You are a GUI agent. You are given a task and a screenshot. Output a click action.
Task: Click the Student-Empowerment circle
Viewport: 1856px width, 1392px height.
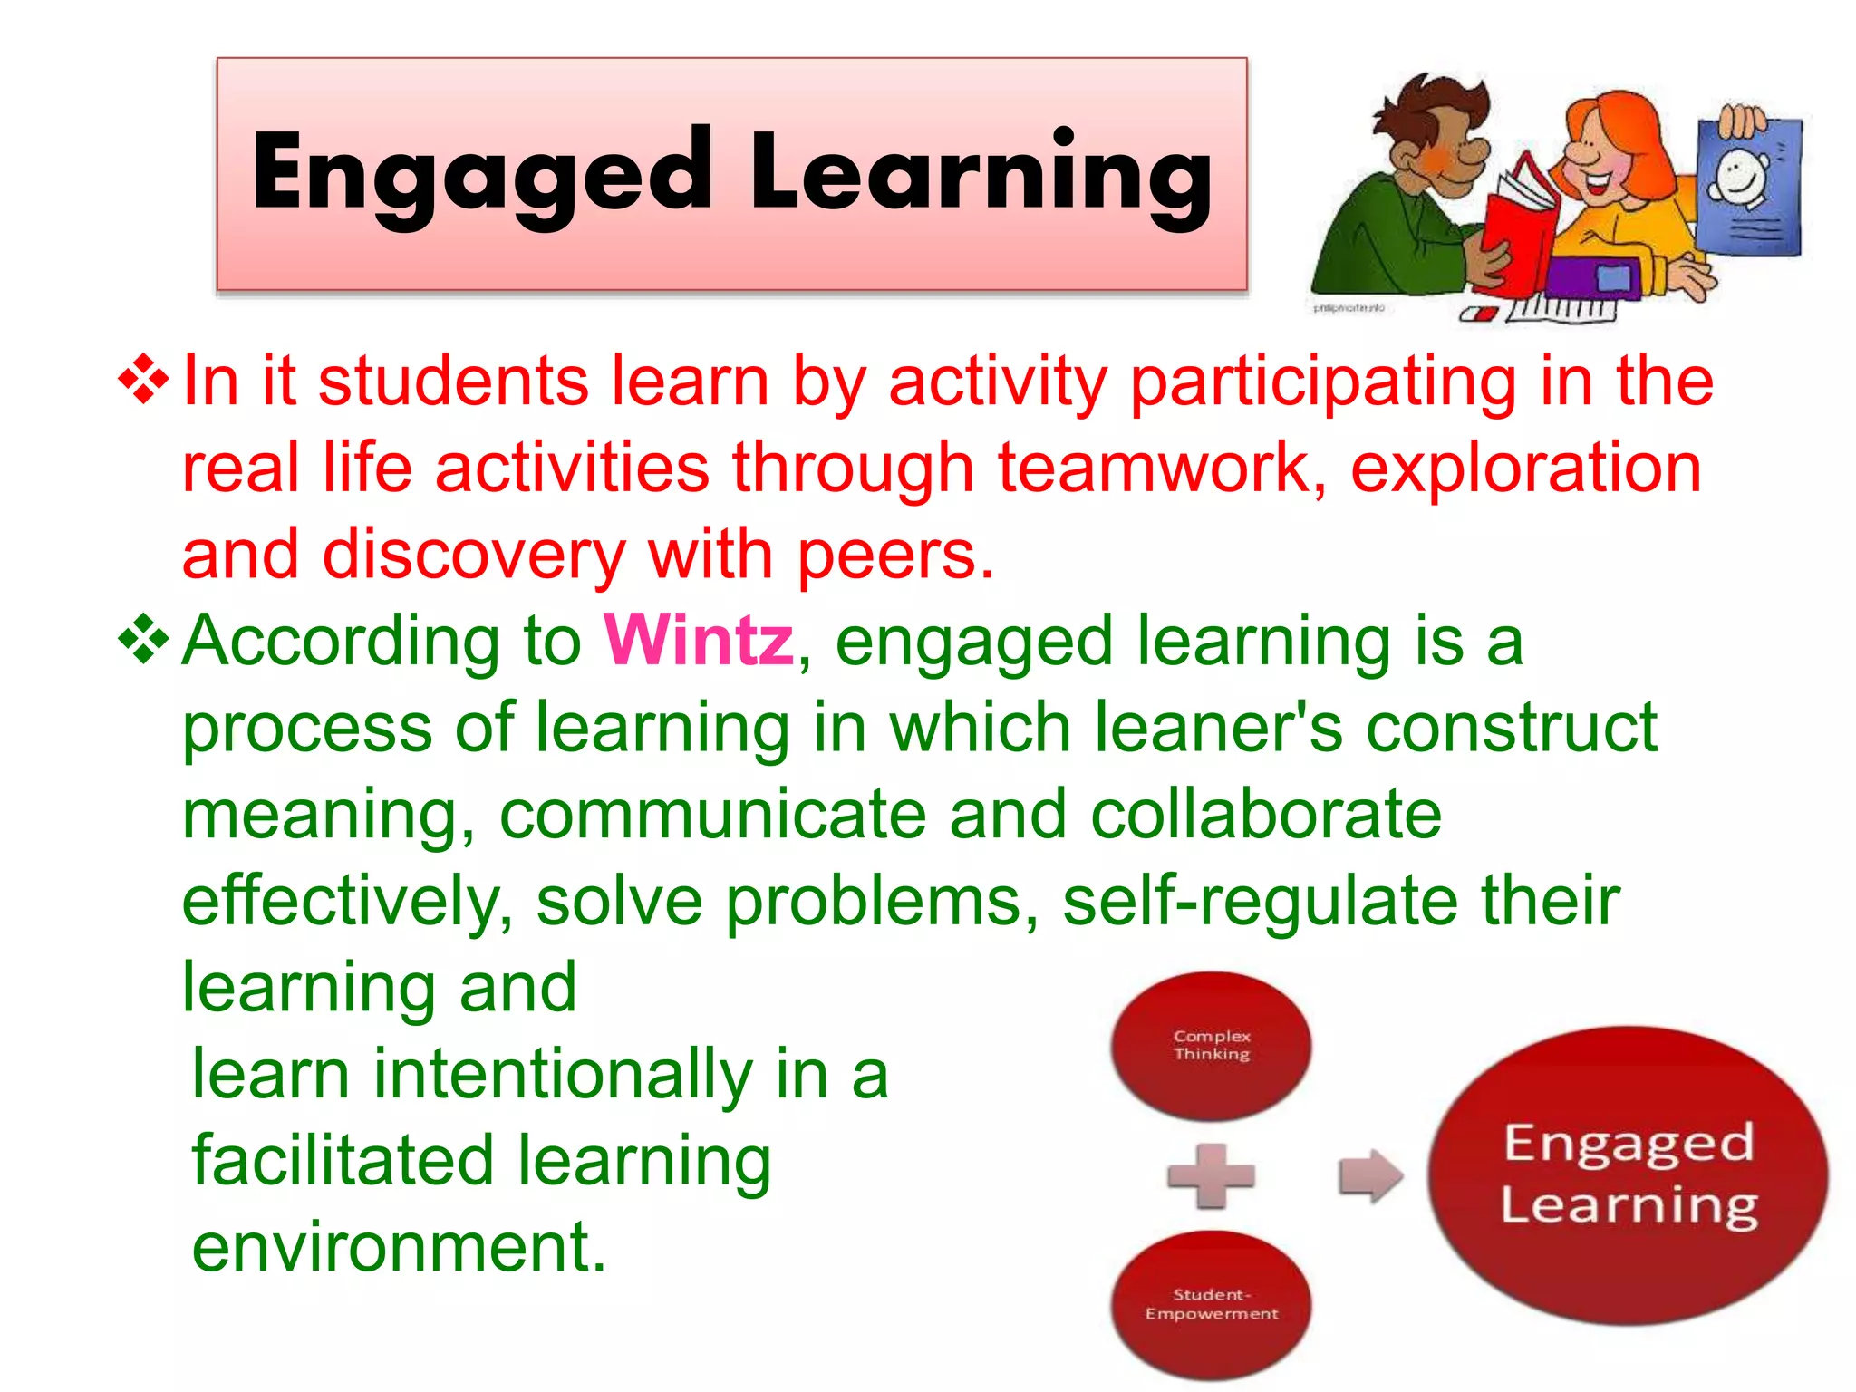pos(1211,1304)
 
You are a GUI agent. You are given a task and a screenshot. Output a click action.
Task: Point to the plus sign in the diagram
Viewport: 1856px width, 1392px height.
pos(1211,1175)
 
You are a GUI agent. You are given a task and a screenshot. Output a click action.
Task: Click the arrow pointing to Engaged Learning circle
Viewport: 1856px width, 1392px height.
pos(1370,1175)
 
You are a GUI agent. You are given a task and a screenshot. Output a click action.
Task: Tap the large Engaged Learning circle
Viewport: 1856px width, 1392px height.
pos(1628,1174)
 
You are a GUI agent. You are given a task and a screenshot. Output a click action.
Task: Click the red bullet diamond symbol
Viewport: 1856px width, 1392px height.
pos(144,381)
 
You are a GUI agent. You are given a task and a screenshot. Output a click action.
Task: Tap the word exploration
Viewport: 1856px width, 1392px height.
pos(1526,469)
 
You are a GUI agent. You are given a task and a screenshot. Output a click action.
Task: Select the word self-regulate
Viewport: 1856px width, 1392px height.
pos(1260,902)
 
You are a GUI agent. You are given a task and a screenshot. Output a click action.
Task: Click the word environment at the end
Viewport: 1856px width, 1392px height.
pos(399,1248)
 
